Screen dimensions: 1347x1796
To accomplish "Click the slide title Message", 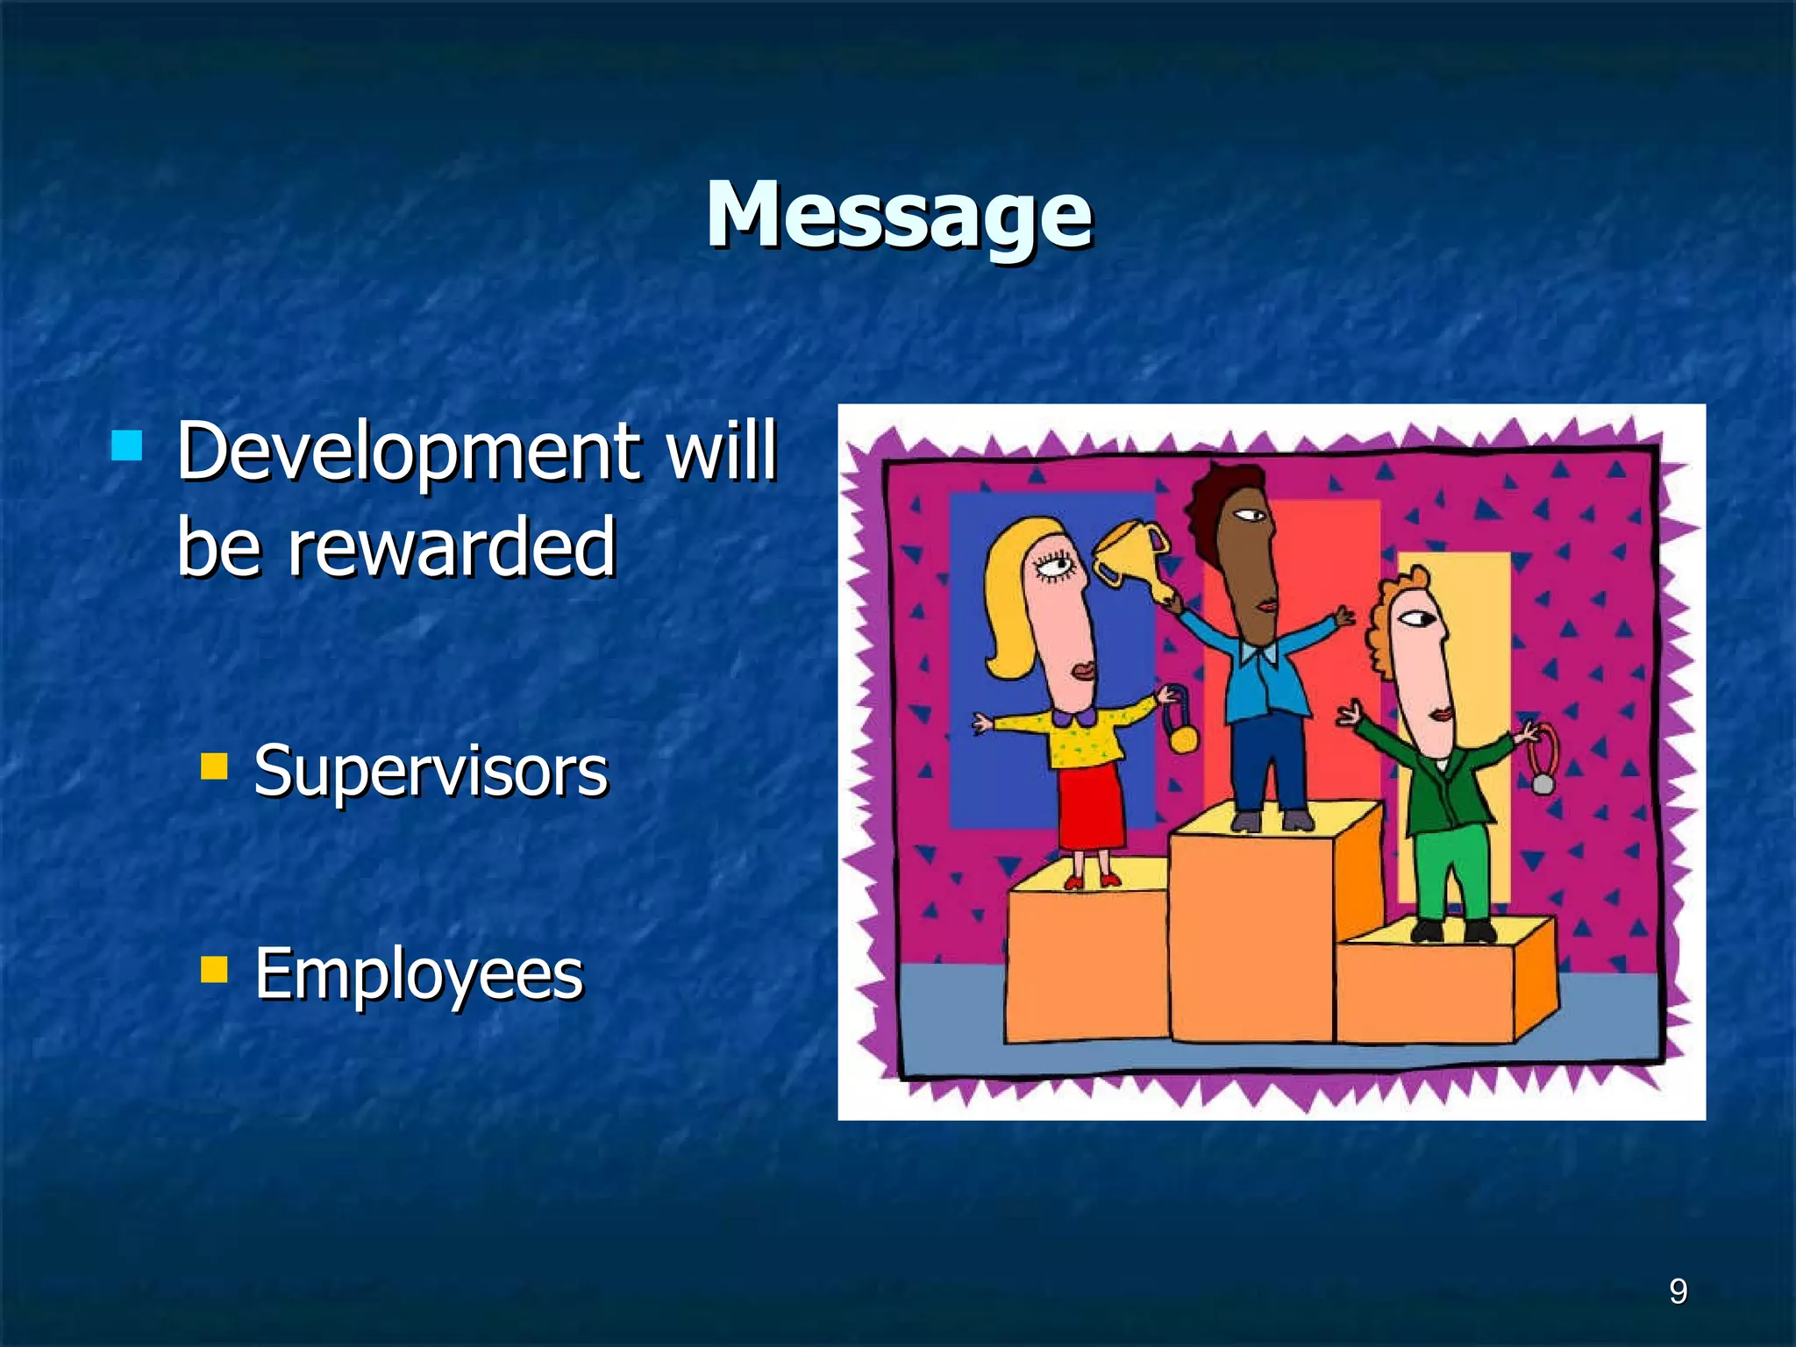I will (x=899, y=215).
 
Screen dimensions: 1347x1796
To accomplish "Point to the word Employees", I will (x=418, y=974).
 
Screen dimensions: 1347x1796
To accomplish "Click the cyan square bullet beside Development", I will (x=127, y=445).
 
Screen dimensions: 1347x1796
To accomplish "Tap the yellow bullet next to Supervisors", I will (x=214, y=766).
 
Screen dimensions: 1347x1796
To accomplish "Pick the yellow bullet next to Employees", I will (x=214, y=970).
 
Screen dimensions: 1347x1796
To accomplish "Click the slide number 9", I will (x=1678, y=1292).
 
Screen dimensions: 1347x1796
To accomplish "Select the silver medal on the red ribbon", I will (x=1543, y=781).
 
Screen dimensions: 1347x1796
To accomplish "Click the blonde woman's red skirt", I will (x=1091, y=807).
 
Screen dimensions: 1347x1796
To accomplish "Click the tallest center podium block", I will (x=1251, y=938).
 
